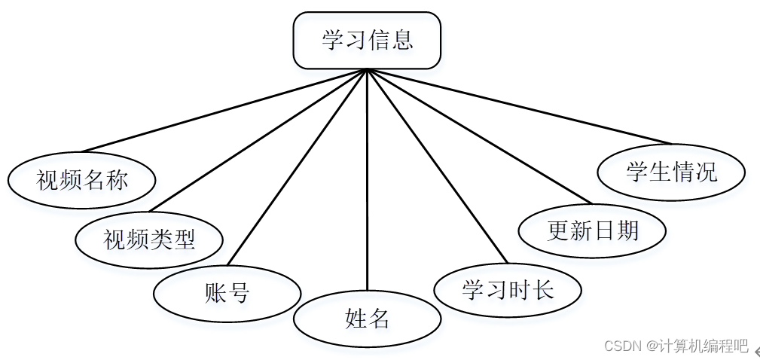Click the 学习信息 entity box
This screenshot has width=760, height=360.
tap(367, 41)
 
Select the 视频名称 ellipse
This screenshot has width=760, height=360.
tap(81, 180)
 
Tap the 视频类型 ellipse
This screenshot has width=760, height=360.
tap(149, 239)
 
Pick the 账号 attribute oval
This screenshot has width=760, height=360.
tap(227, 292)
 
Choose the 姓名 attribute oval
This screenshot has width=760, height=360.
tap(367, 319)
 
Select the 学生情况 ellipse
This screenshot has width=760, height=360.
tap(670, 172)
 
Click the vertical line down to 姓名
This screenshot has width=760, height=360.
tap(367, 181)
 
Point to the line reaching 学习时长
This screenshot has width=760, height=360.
tap(437, 166)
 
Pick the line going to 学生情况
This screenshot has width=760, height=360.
tap(519, 106)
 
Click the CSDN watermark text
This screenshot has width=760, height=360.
tap(621, 346)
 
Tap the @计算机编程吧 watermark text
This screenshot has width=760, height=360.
tap(696, 346)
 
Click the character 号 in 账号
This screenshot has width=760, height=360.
tap(238, 292)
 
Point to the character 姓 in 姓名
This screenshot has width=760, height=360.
tap(356, 319)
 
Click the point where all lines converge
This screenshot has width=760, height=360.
tap(367, 70)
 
